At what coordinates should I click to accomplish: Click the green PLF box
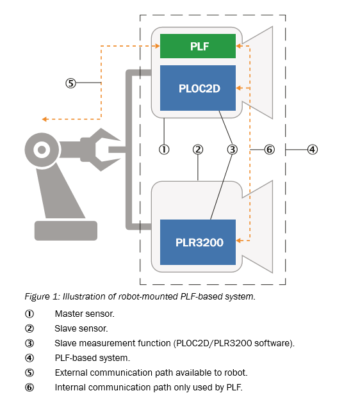[198, 46]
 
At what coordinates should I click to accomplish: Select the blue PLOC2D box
[198, 88]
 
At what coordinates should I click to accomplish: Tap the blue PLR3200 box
[198, 242]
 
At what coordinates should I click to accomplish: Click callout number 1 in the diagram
[164, 150]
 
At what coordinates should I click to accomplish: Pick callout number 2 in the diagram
[198, 150]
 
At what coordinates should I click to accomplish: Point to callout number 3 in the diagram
[233, 150]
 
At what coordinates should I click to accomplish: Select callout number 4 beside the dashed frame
[313, 150]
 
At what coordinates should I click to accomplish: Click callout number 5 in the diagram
[70, 83]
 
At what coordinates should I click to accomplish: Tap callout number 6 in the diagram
[270, 150]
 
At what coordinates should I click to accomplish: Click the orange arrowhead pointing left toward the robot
[45, 119]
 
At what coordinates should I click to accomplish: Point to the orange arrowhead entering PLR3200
[239, 241]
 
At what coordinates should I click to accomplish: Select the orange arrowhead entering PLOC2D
[239, 88]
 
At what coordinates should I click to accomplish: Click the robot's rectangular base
[66, 230]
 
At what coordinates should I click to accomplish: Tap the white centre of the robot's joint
[42, 150]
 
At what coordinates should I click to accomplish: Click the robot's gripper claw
[101, 150]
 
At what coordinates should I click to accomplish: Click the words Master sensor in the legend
[85, 314]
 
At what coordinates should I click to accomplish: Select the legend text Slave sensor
[81, 328]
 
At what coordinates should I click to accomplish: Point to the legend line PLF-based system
[92, 358]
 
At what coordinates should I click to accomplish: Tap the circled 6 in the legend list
[29, 387]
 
